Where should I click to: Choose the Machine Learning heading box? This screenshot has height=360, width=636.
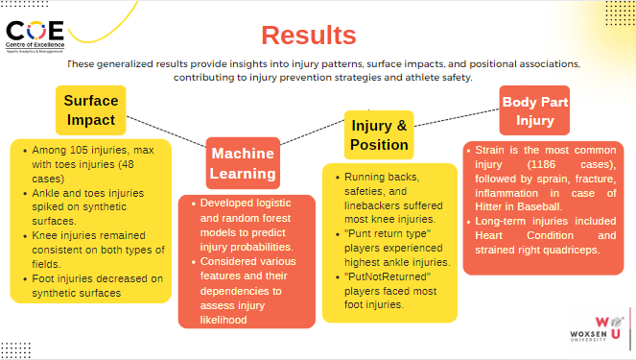click(x=243, y=163)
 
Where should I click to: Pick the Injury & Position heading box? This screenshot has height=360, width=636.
click(x=379, y=135)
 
